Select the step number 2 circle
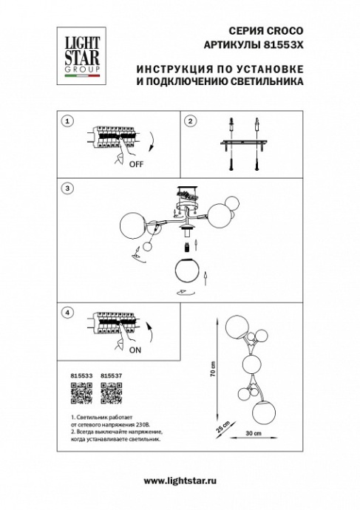(189, 122)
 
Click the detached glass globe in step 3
(188, 272)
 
